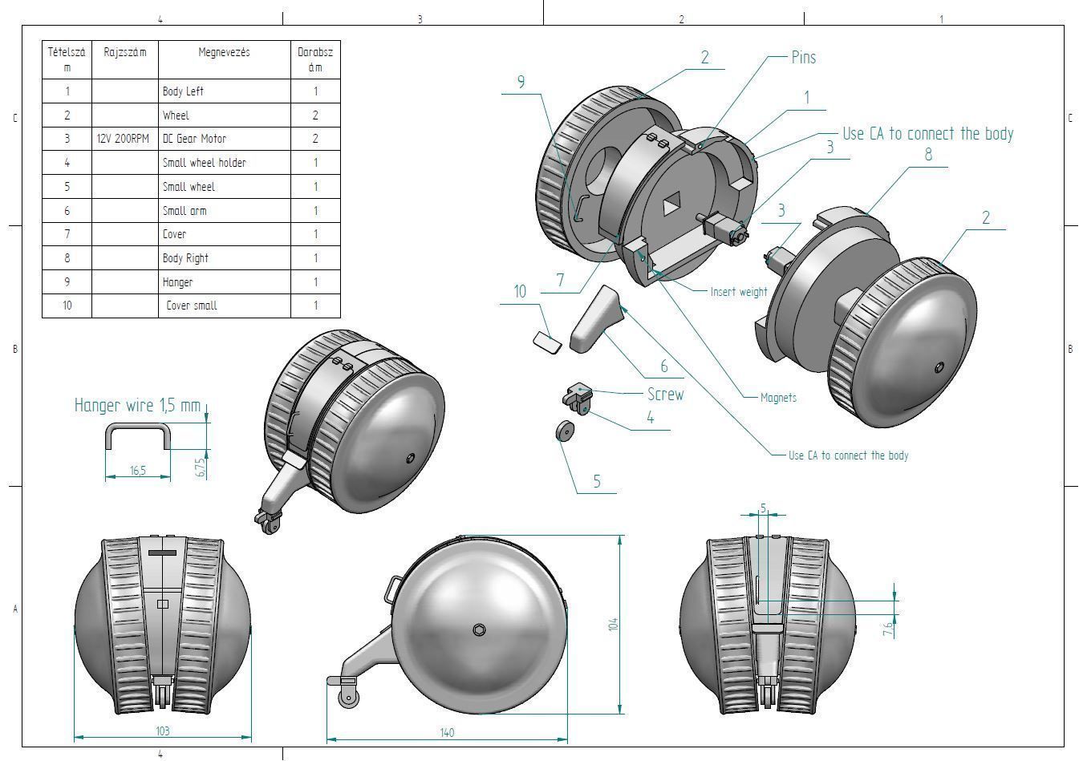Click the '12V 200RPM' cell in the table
click(x=123, y=139)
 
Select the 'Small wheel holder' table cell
click(x=204, y=163)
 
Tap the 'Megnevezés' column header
click(x=224, y=52)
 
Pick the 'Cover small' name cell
click(x=192, y=306)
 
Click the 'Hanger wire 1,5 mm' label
click(x=137, y=406)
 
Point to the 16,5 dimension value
click(x=138, y=471)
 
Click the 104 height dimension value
click(x=613, y=624)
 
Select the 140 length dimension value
click(x=447, y=732)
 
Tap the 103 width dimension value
click(x=162, y=731)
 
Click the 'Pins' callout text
click(x=803, y=58)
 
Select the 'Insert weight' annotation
click(x=738, y=292)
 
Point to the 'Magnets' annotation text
click(x=778, y=398)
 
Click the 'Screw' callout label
click(x=665, y=394)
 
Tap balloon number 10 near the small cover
click(x=520, y=292)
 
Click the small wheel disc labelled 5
click(x=566, y=431)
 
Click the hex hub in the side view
click(x=479, y=629)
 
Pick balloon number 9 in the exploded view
click(x=521, y=82)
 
